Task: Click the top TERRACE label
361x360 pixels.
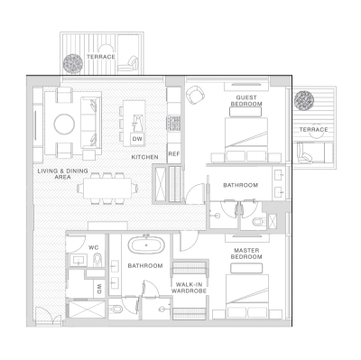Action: click(x=101, y=57)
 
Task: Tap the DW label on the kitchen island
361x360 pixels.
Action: click(x=136, y=138)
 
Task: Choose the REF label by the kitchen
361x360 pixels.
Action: click(x=173, y=154)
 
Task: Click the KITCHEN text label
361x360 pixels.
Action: click(x=144, y=157)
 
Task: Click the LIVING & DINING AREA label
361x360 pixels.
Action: click(x=54, y=174)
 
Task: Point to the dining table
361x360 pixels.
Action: click(x=109, y=188)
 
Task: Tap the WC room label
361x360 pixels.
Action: click(x=92, y=247)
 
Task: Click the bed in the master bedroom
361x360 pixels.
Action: click(x=248, y=293)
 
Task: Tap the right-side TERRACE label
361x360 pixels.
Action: click(x=313, y=130)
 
